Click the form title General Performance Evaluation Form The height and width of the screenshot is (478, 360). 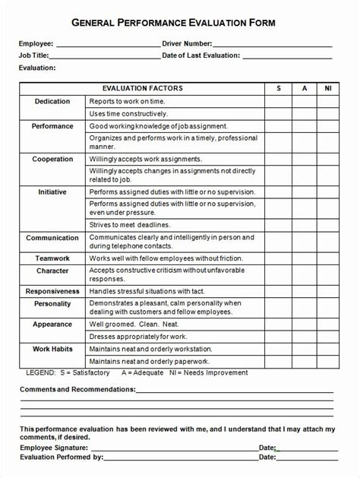click(x=179, y=24)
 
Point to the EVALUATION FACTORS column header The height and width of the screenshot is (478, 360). click(x=142, y=89)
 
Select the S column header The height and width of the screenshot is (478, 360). click(x=278, y=89)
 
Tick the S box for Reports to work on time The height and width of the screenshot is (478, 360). click(x=278, y=101)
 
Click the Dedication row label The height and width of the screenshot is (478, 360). click(x=52, y=101)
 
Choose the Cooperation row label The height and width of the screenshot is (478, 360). click(x=52, y=159)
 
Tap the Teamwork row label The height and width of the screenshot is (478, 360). click(x=52, y=258)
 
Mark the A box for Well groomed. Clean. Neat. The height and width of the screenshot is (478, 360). click(x=305, y=324)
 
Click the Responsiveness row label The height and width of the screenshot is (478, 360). click(x=52, y=291)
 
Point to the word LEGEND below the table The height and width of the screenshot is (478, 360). click(x=40, y=373)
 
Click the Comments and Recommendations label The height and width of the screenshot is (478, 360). click(x=77, y=389)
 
